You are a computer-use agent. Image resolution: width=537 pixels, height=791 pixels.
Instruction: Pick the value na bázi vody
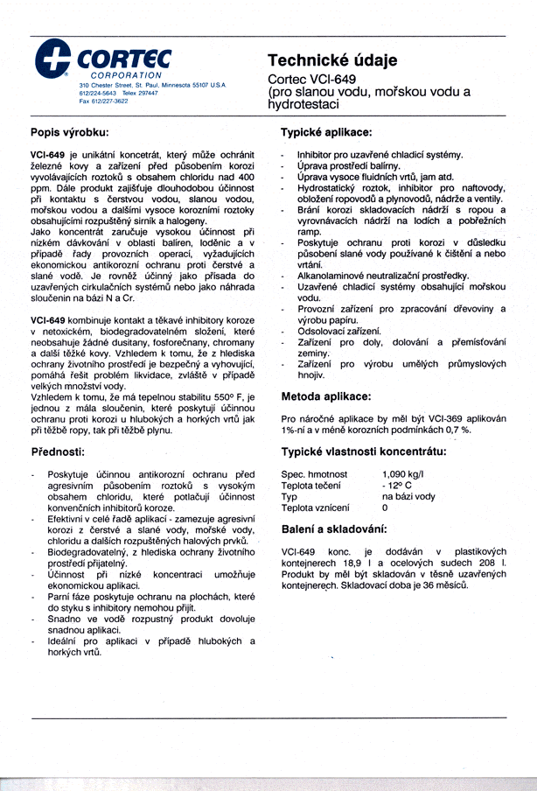(408, 496)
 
